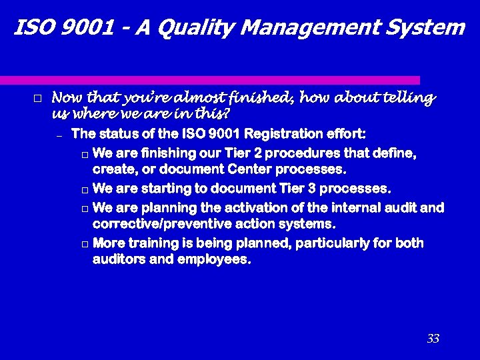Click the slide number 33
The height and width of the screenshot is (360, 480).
click(x=433, y=339)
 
